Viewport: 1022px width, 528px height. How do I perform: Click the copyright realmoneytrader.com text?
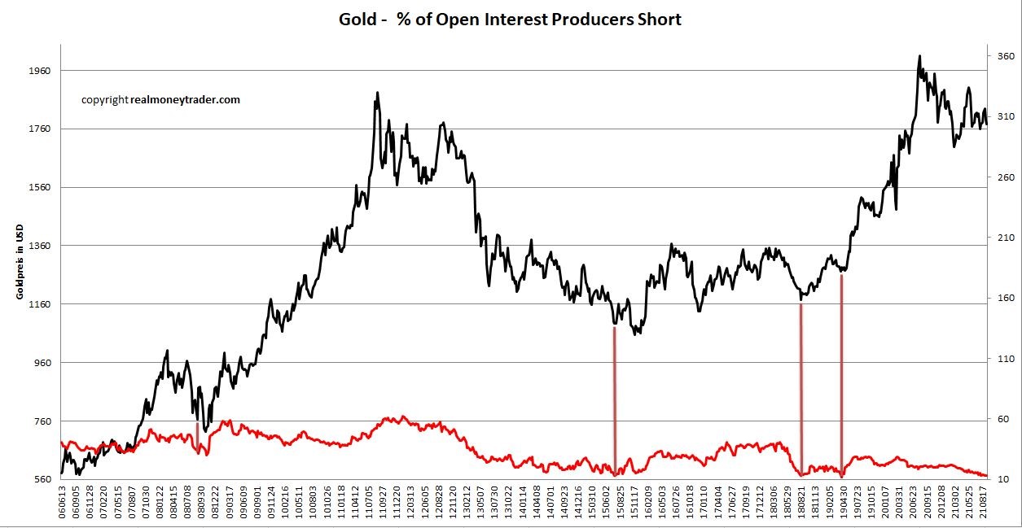point(160,100)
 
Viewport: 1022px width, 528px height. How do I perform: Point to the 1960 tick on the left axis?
point(39,71)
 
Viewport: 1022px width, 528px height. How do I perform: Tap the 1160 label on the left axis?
point(39,304)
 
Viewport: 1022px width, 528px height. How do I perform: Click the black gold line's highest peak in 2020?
point(919,57)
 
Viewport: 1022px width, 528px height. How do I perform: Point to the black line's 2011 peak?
point(376,94)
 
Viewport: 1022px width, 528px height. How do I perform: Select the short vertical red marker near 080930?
point(198,434)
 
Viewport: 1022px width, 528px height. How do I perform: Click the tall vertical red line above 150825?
point(614,399)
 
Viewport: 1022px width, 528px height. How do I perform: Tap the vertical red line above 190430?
point(841,374)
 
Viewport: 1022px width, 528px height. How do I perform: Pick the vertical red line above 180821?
point(801,386)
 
